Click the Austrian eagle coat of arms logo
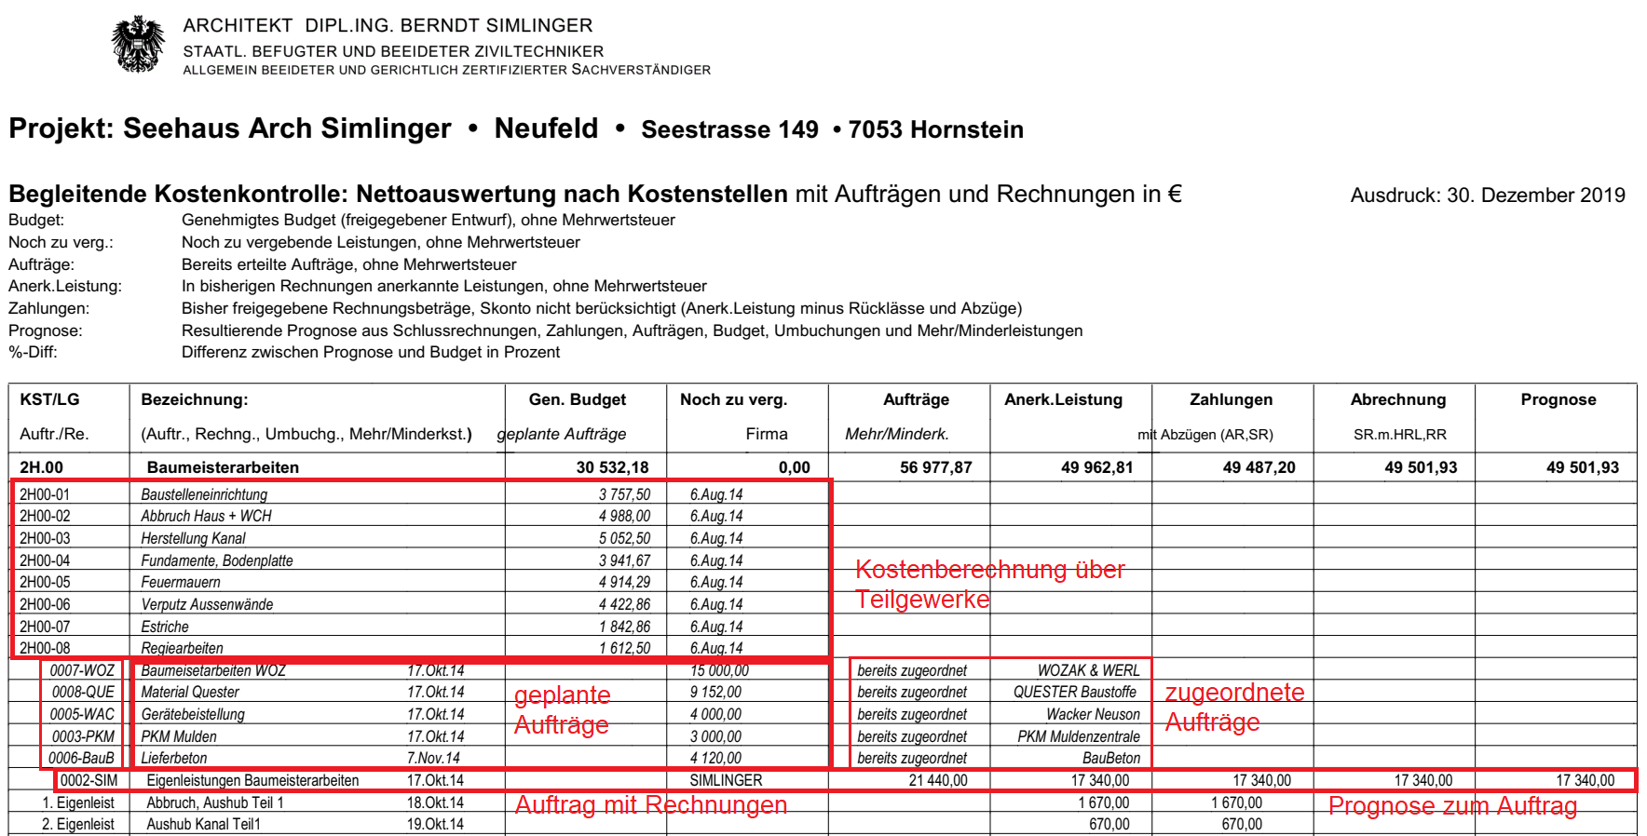pos(138,44)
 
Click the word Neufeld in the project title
pos(546,128)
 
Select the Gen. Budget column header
pos(578,399)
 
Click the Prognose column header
pos(1558,399)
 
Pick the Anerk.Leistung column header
pos(1063,399)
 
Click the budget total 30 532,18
pos(612,467)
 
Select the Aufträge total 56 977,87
pos(935,467)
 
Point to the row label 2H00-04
pos(45,560)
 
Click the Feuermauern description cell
pos(181,583)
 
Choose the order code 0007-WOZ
pos(82,670)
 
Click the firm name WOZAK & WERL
pos(1088,670)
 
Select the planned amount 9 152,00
pos(715,693)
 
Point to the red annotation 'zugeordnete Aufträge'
pos(1233,708)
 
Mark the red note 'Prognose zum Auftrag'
pos(1451,806)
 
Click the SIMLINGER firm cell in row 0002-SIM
pos(726,781)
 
